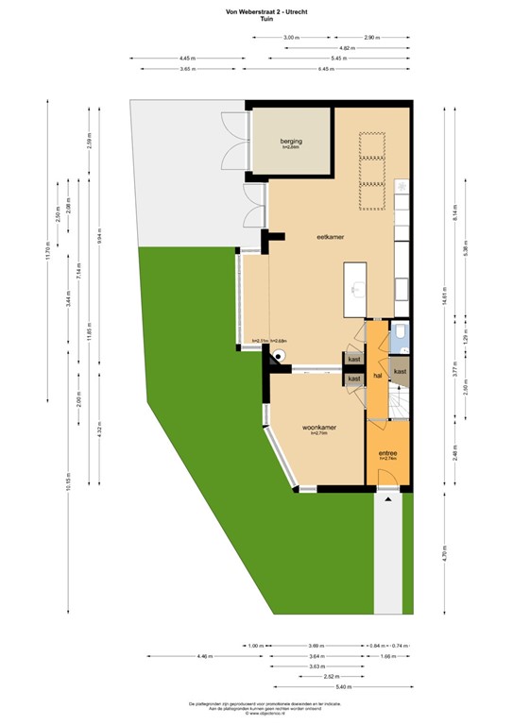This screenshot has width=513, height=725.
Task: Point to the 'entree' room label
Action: point(387,453)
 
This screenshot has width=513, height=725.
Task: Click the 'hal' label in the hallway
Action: point(377,375)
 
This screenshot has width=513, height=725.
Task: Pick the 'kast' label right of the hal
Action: point(400,371)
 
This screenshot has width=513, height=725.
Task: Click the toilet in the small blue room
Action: point(401,333)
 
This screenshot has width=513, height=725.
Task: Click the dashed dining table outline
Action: point(372,171)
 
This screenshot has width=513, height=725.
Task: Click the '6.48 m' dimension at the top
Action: point(326,69)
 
